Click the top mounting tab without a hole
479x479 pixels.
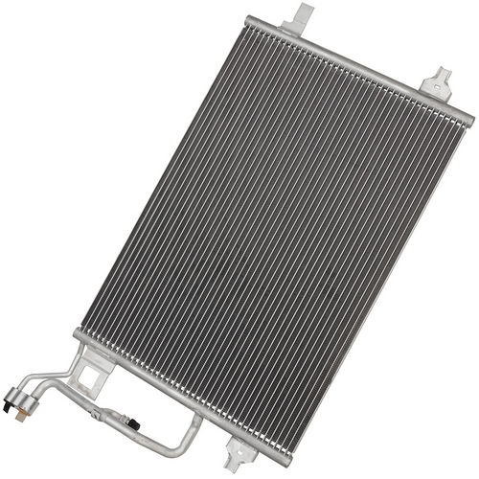(x=303, y=15)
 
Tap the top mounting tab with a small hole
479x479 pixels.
(x=440, y=82)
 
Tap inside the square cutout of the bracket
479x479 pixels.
(x=88, y=376)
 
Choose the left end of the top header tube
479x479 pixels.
(x=251, y=20)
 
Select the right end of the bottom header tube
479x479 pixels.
(x=285, y=460)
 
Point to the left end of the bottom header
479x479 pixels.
(x=77, y=335)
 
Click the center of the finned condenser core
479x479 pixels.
(x=273, y=239)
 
